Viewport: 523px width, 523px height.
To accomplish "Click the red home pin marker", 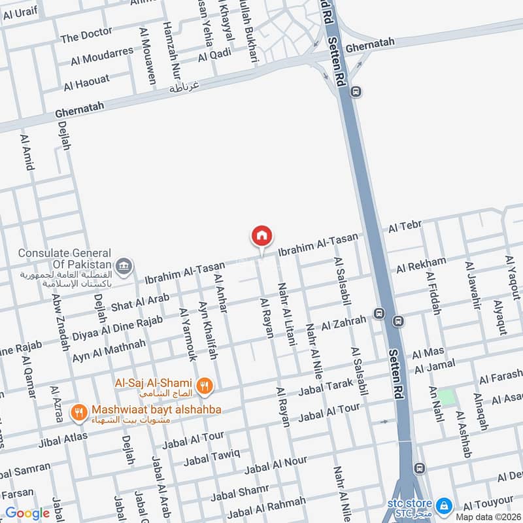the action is [261, 236].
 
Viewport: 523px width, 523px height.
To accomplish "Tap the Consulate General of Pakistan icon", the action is [124, 266].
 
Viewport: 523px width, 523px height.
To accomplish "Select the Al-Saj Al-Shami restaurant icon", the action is [205, 385].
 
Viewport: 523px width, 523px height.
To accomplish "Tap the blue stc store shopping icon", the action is [445, 505].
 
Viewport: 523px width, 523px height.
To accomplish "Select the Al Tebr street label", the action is [405, 227].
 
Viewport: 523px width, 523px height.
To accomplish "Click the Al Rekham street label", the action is [421, 265].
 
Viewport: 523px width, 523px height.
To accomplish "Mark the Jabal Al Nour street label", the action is [275, 466].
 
